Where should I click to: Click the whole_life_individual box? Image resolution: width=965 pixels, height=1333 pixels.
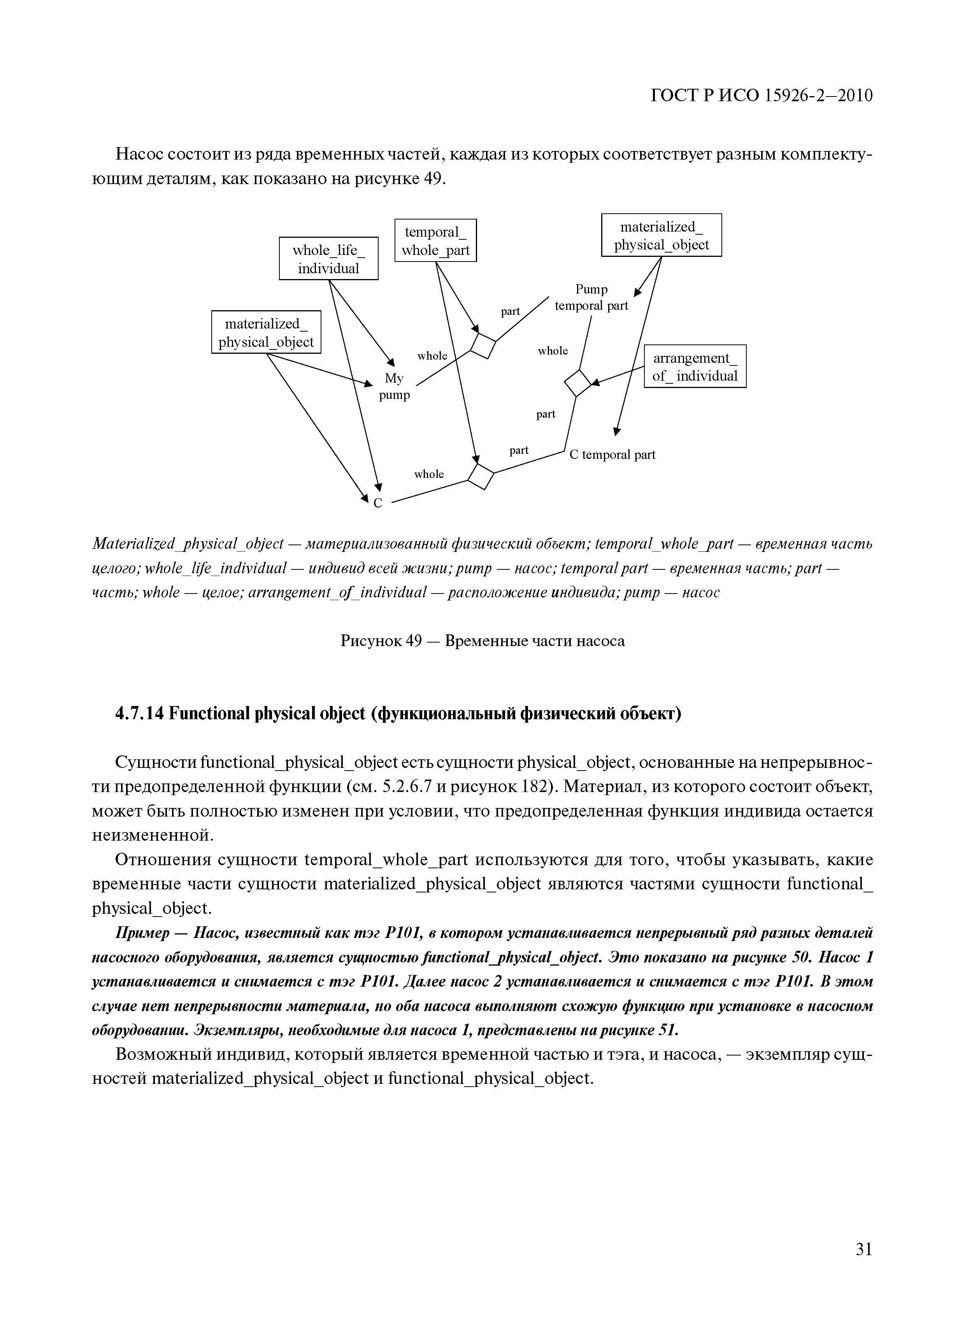click(x=328, y=258)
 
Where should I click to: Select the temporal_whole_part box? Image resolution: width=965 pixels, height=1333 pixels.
click(x=435, y=241)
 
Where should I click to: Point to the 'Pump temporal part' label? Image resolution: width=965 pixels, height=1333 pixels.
click(x=591, y=297)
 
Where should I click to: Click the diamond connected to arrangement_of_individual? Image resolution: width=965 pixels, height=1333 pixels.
click(x=578, y=383)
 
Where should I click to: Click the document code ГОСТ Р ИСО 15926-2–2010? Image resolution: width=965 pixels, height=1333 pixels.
click(x=761, y=95)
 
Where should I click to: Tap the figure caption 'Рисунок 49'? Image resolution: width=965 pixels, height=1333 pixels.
click(x=381, y=641)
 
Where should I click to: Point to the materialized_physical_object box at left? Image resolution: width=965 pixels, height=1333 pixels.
click(x=266, y=332)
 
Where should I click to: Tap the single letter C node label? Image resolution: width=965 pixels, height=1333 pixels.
click(x=378, y=504)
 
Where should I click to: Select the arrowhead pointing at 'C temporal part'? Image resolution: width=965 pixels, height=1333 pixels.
click(x=616, y=432)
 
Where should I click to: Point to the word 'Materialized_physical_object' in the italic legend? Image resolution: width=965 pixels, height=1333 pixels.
click(x=188, y=544)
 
